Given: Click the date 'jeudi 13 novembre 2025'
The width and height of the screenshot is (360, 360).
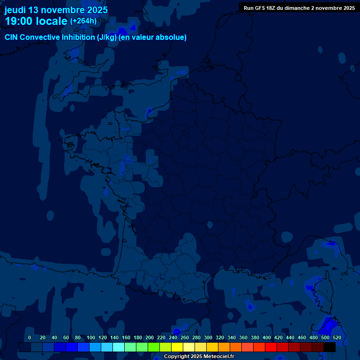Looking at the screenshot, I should coord(56,10).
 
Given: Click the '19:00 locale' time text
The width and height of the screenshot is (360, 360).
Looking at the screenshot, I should coord(36,21).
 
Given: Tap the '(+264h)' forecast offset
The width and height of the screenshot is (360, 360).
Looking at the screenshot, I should coord(83,21).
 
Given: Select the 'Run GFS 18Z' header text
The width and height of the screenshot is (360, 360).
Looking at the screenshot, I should coord(259,8).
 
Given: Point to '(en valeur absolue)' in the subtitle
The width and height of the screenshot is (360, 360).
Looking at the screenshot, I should coord(153,37).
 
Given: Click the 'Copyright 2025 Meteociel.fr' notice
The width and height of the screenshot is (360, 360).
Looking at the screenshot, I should coord(199,357).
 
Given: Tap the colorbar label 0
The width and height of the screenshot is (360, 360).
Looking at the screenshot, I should coord(30,337).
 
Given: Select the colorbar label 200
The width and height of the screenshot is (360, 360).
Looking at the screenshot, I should coord(149,337).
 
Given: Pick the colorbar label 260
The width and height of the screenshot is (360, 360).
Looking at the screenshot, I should coord(184,337).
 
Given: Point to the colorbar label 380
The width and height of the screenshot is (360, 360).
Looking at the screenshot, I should coord(255,337).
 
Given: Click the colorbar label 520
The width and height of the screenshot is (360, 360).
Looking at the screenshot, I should coord(337,337).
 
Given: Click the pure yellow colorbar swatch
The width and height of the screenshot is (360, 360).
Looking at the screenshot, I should coord(177,347).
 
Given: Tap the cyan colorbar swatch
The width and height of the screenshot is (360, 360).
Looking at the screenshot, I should coord(119,347).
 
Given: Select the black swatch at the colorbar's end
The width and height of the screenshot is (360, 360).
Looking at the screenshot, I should coord(330,347).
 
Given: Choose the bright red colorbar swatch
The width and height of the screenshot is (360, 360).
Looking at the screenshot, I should coord(271,347).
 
